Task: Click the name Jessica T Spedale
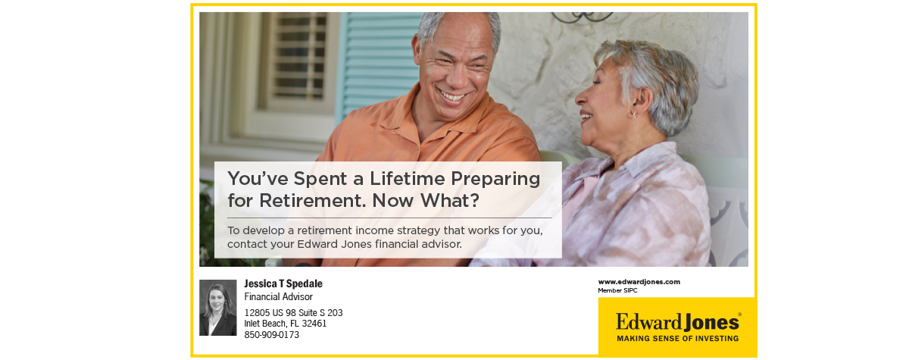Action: point(283,283)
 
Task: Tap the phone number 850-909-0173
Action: point(271,335)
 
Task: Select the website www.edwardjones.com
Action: point(639,282)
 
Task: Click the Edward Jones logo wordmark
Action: point(678,322)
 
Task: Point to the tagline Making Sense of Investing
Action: point(678,339)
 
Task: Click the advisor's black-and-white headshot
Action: point(218,308)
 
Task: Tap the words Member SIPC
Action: point(617,290)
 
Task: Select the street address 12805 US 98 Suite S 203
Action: point(293,313)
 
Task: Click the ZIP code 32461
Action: point(314,324)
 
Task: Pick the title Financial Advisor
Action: point(279,297)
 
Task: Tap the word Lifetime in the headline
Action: point(407,179)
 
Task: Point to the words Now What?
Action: point(426,201)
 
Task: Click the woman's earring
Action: point(633,115)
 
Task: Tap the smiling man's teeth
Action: point(453,97)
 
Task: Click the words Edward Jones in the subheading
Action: point(334,244)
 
